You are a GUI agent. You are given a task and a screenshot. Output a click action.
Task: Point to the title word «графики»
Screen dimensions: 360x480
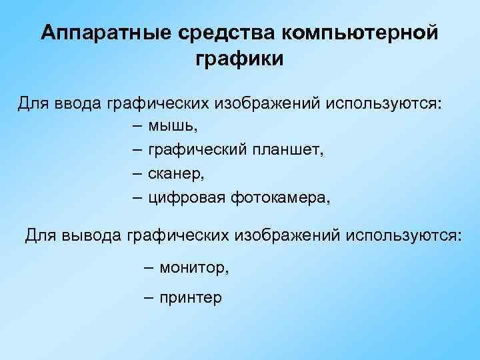pyautogui.click(x=239, y=60)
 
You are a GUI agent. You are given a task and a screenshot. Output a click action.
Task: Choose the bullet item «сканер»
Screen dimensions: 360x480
pyautogui.click(x=175, y=174)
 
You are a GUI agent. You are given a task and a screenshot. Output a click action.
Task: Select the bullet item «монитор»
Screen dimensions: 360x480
pyautogui.click(x=193, y=267)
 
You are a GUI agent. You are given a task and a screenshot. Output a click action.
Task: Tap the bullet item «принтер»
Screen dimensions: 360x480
pyautogui.click(x=191, y=298)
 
